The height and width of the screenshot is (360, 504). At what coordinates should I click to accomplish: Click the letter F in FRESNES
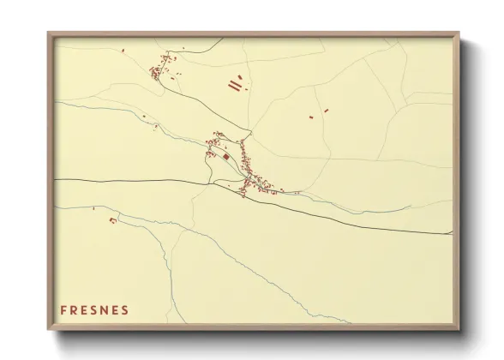(63, 309)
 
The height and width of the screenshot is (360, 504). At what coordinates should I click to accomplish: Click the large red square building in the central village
(225, 157)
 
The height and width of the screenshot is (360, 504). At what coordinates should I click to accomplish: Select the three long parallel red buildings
(235, 84)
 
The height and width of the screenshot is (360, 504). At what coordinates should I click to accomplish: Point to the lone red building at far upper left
(123, 51)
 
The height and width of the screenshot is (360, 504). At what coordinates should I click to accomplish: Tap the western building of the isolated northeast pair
(312, 116)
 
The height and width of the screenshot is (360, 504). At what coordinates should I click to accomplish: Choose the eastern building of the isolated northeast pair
(326, 109)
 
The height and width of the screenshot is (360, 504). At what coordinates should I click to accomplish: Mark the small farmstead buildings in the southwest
(112, 221)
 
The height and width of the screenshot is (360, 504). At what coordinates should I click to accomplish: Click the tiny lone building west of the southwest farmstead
(93, 208)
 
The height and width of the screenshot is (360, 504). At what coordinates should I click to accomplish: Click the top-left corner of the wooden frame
(49, 33)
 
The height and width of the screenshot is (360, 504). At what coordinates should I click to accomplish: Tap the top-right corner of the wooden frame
(459, 33)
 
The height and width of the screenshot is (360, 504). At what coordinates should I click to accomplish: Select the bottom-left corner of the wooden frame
(49, 328)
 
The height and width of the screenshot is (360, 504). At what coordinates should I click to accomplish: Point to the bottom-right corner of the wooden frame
(459, 328)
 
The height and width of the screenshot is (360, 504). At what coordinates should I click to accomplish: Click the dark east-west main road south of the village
(137, 181)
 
